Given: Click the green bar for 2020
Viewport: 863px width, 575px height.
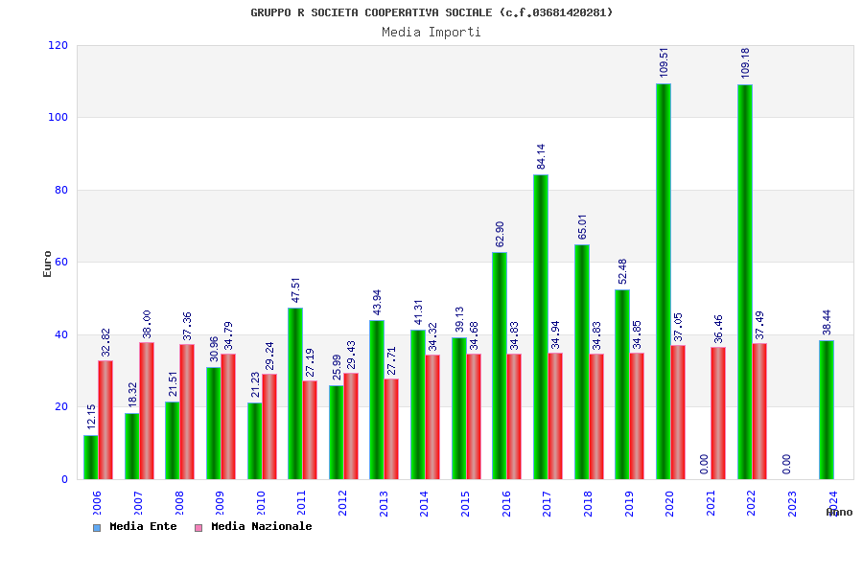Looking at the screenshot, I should click(x=664, y=282).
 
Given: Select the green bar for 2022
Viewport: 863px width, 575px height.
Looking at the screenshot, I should click(x=745, y=282).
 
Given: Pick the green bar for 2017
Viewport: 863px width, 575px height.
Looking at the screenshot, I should click(x=541, y=327).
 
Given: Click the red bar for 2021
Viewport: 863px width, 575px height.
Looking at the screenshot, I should click(x=718, y=413).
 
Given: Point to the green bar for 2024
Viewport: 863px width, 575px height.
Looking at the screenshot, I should click(x=827, y=409).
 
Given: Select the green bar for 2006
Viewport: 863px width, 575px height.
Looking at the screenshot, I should click(x=90, y=457).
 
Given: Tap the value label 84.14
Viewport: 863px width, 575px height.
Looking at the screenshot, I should click(x=541, y=156).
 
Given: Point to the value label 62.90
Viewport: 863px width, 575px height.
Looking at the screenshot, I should click(x=500, y=234).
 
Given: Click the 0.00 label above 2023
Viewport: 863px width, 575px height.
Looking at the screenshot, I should click(x=786, y=464).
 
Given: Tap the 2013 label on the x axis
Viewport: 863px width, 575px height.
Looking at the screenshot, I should click(x=384, y=504).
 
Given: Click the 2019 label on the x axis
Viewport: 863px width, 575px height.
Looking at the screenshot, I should click(x=629, y=504).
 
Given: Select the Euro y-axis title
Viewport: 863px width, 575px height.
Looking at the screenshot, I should click(x=47, y=264).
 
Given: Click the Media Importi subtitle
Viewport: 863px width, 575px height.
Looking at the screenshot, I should click(x=431, y=32).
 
